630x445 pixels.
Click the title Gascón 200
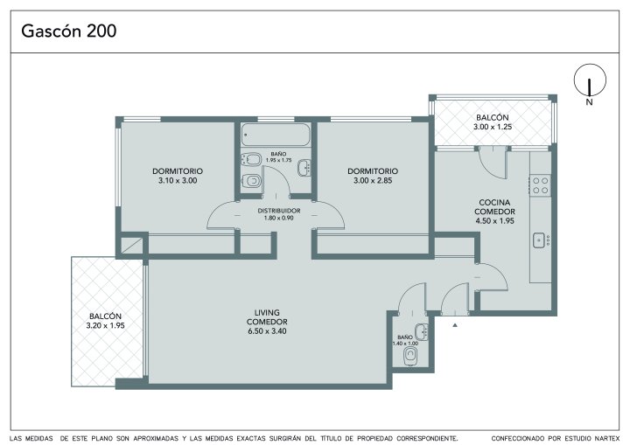click(x=69, y=31)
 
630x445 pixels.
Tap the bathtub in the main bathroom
click(x=276, y=135)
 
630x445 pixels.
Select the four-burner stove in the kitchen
click(x=541, y=185)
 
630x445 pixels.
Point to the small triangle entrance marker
click(x=455, y=325)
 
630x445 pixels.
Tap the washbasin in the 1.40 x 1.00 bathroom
click(x=422, y=331)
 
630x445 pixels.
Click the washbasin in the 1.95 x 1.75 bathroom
click(x=304, y=168)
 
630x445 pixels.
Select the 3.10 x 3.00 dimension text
click(x=178, y=181)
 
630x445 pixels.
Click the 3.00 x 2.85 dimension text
click(x=373, y=181)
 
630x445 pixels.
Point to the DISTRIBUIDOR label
click(x=279, y=211)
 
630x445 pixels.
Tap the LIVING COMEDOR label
click(x=267, y=316)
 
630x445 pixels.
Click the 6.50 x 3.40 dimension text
click(x=267, y=331)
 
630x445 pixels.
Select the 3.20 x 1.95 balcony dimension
click(x=105, y=326)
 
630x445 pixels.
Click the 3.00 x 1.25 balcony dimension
click(x=492, y=127)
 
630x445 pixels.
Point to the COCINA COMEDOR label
click(x=494, y=207)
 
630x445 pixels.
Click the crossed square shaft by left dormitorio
click(x=132, y=246)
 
